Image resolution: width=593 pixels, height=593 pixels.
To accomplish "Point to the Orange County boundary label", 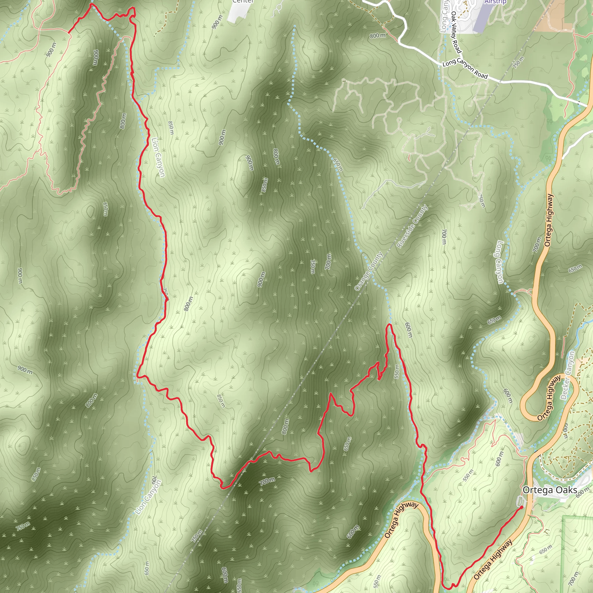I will (x=368, y=271).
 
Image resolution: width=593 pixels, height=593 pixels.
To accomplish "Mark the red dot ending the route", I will (x=521, y=507).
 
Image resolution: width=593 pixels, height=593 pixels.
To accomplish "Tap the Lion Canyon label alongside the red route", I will (x=158, y=157).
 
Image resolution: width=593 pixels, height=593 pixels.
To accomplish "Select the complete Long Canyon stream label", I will (x=500, y=262).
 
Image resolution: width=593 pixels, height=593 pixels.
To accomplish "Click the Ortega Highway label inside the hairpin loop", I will (x=549, y=398).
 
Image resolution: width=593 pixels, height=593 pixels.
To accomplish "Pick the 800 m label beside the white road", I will (x=378, y=36).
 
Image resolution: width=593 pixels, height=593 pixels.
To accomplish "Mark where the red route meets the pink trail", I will (x=68, y=32).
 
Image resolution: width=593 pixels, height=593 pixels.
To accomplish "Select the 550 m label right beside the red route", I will (x=396, y=371).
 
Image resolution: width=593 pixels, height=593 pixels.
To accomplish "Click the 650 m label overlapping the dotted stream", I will (x=338, y=165).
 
